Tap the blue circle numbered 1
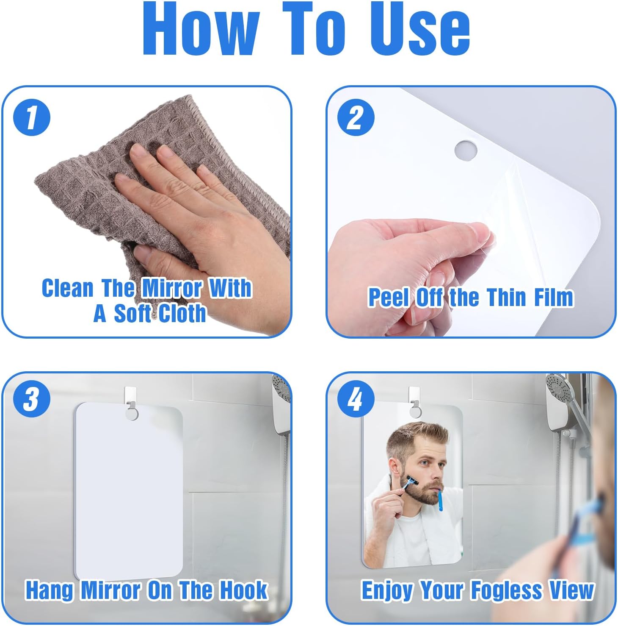tap(32, 117)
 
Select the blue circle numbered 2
tap(356, 117)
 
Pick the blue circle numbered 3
tap(32, 399)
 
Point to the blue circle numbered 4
tap(356, 399)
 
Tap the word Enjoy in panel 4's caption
tap(387, 591)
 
